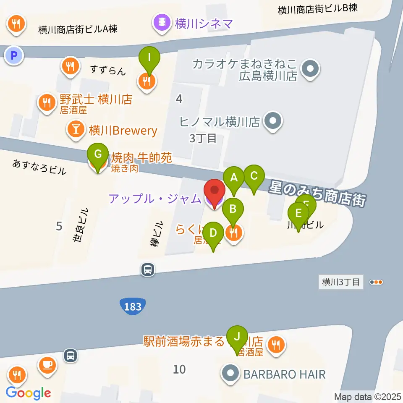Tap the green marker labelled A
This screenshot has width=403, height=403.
[234, 178]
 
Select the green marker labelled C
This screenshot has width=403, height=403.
[254, 177]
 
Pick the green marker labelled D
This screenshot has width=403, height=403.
[213, 233]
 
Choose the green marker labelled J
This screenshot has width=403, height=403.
[237, 337]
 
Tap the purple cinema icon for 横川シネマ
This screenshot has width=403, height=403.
[162, 22]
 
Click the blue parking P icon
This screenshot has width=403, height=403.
[14, 55]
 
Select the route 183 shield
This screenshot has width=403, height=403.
[133, 306]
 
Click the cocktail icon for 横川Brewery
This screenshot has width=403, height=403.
[76, 130]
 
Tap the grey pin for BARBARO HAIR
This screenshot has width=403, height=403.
[230, 374]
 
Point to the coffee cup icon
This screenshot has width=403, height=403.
[47, 364]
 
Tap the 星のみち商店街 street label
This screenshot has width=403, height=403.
[319, 193]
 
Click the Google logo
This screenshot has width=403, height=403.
[28, 393]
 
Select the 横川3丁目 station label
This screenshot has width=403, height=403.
[341, 282]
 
